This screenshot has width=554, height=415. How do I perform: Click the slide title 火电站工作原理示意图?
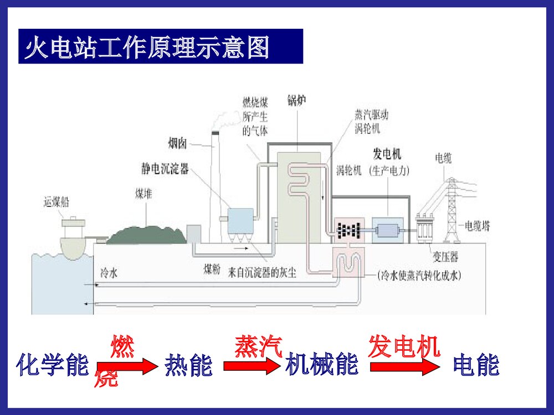click(147, 48)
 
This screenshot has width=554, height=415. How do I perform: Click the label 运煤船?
click(57, 202)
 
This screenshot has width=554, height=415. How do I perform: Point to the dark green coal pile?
click(146, 233)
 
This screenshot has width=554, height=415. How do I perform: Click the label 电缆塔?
click(476, 226)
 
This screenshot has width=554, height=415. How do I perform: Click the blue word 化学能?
click(53, 366)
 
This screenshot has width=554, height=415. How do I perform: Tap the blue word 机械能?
click(321, 366)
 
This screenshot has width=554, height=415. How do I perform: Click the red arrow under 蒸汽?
click(252, 366)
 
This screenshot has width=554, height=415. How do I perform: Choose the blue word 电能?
click(475, 366)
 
